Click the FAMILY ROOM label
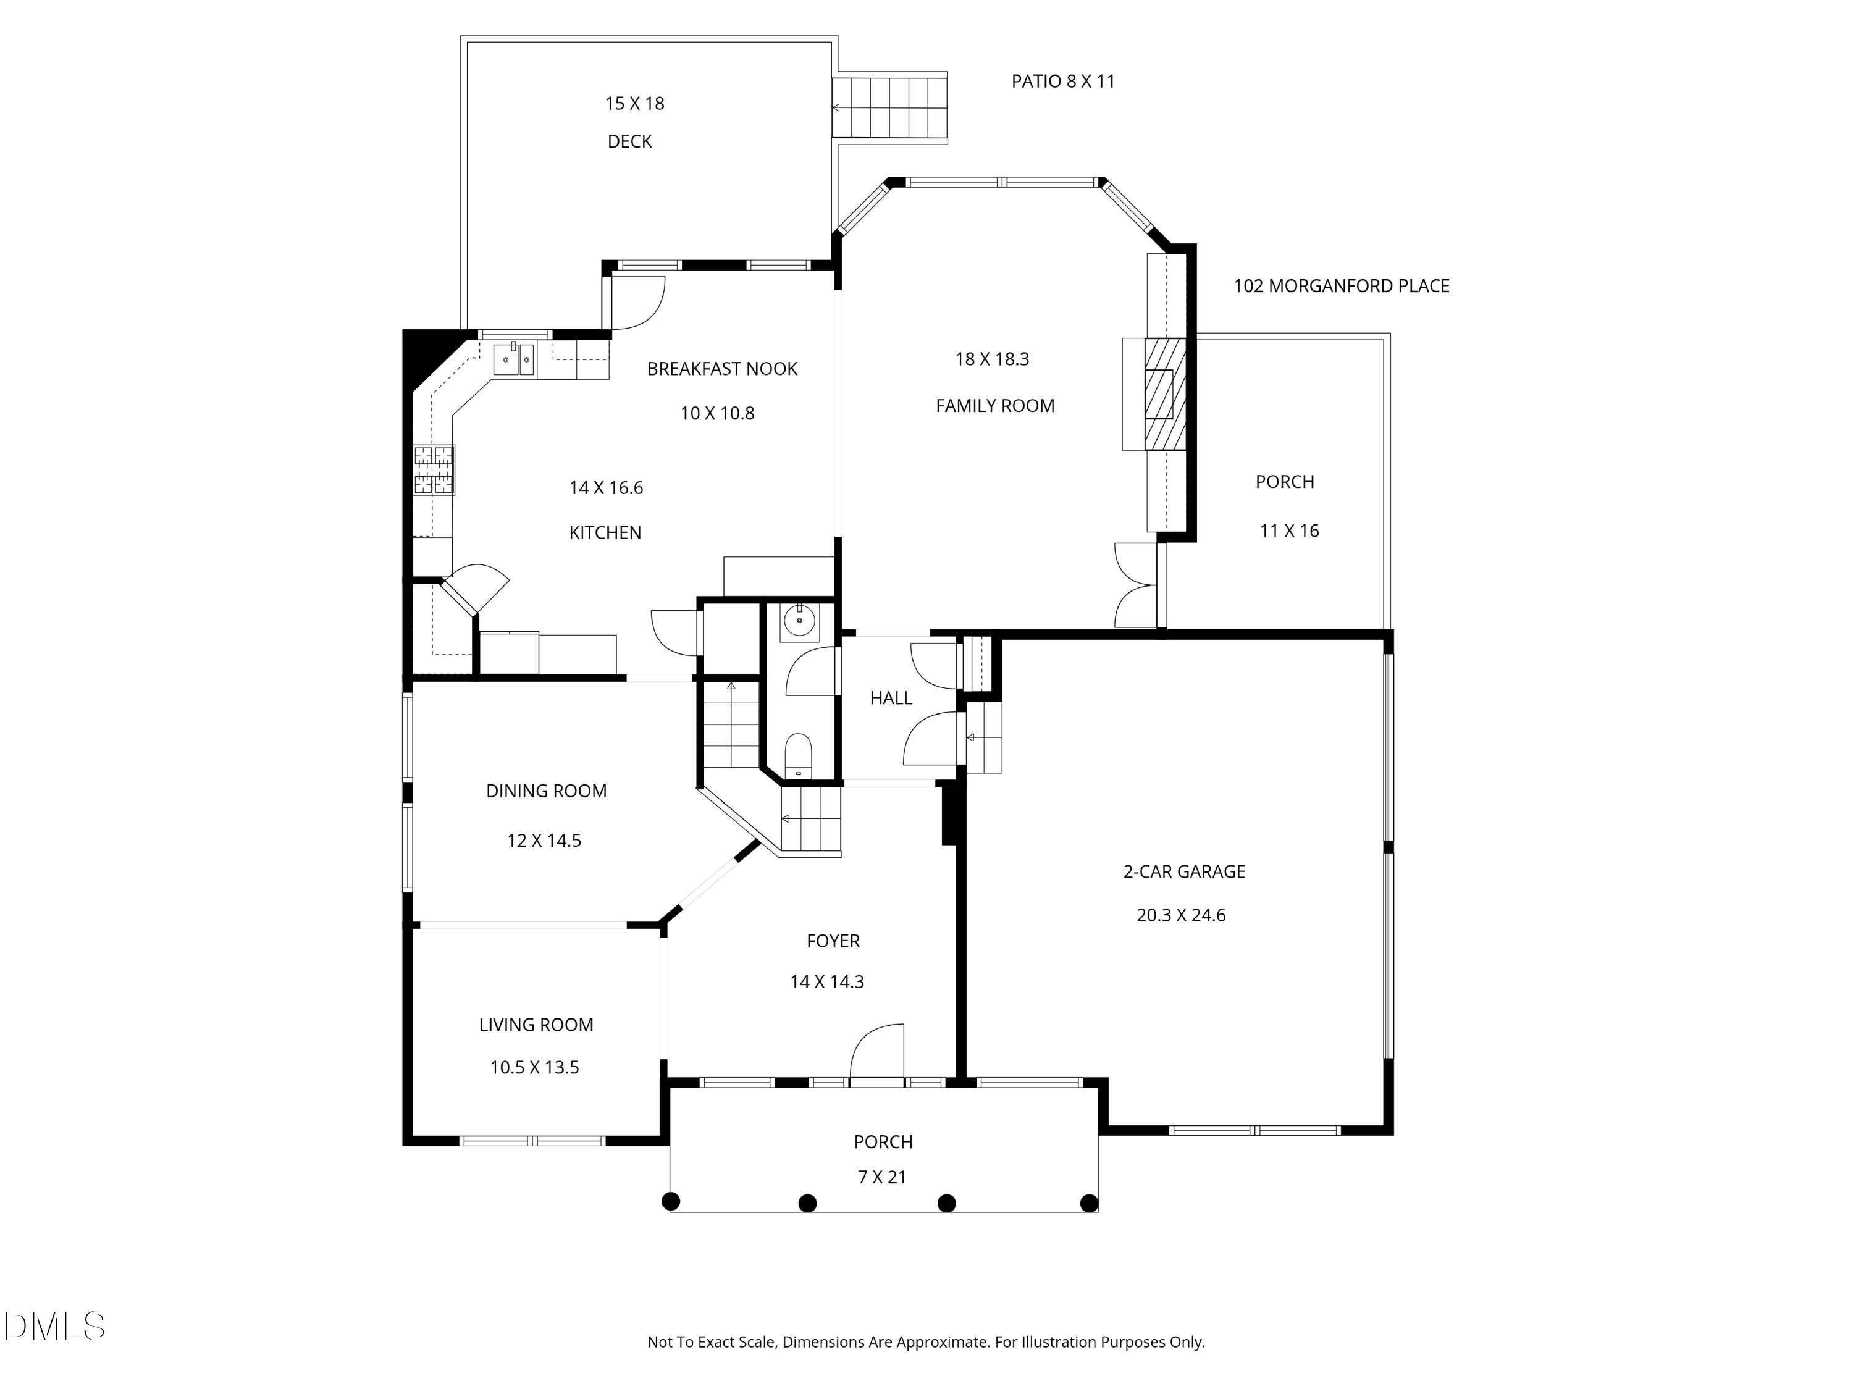click(994, 406)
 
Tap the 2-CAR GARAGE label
click(1183, 872)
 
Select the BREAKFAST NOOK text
click(722, 369)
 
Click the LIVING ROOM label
click(536, 1025)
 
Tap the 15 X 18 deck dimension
click(634, 104)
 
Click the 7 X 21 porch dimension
click(882, 1178)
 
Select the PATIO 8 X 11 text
click(1063, 82)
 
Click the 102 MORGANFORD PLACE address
click(1341, 287)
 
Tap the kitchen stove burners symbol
click(434, 469)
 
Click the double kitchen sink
click(513, 359)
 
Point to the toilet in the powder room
click(798, 755)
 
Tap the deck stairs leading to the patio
click(889, 108)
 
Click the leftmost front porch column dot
click(670, 1201)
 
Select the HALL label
click(891, 699)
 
